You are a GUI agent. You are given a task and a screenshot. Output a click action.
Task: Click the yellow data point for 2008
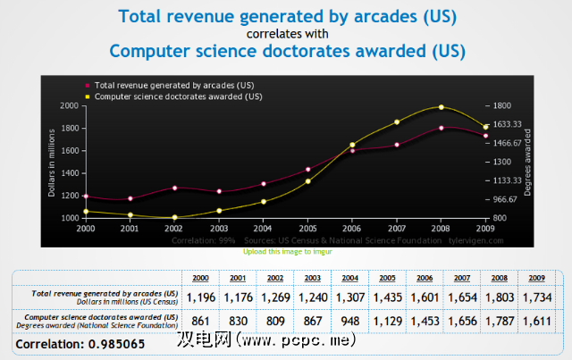(x=441, y=107)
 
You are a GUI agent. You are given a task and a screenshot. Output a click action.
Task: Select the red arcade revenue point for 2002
(x=175, y=188)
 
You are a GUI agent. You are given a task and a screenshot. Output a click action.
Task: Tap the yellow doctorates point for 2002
(x=175, y=217)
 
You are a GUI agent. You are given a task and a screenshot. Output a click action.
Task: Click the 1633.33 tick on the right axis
(x=508, y=125)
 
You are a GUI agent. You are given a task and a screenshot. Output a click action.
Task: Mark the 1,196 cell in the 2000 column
(x=201, y=297)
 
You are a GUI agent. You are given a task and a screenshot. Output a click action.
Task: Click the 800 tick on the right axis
(x=500, y=218)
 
